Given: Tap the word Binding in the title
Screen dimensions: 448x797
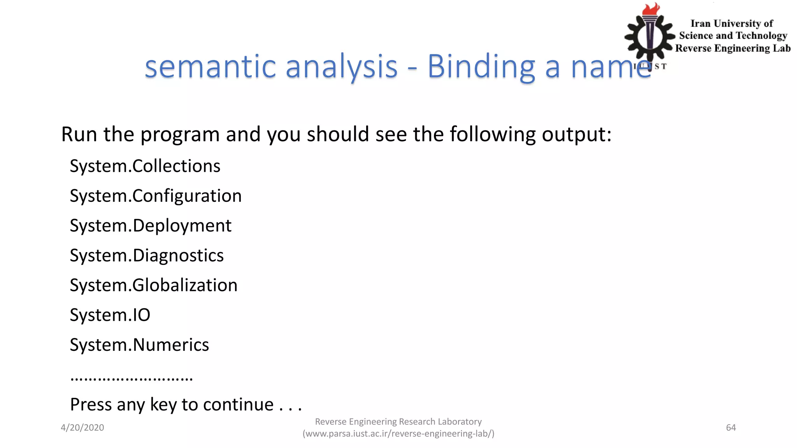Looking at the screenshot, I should pos(481,67).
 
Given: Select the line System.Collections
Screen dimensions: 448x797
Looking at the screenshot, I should pos(145,166).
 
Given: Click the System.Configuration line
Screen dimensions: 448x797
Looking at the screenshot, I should pos(156,196).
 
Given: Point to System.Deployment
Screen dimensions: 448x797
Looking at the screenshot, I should pos(150,226).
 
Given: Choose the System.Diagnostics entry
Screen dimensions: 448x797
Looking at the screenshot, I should pos(147,255).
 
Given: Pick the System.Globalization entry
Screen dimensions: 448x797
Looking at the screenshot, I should pos(153,285).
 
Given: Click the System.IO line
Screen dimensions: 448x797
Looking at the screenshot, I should pos(110,315).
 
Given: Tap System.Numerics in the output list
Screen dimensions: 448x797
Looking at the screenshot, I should pos(139,345).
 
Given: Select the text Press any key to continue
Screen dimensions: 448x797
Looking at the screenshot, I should pos(186,405).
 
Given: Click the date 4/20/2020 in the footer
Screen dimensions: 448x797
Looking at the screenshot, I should pos(82,428).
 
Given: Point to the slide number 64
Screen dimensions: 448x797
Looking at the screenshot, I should pos(731,428).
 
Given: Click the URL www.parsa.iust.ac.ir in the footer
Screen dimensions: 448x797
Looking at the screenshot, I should pos(398,434).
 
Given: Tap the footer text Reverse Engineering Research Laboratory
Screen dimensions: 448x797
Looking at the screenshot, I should pos(398,422).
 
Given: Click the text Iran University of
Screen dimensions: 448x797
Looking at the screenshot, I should pos(732,24).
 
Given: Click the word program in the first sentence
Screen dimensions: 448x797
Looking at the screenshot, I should pos(180,135).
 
